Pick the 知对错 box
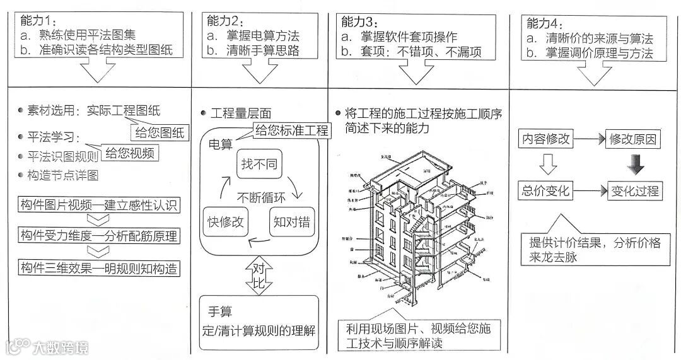coord(290,222)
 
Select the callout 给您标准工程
coord(292,131)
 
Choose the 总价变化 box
coord(546,190)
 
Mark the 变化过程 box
coord(633,190)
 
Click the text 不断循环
coord(261,196)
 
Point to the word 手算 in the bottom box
coord(220,311)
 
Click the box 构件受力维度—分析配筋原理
coord(98,236)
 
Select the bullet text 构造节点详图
coord(62,175)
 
